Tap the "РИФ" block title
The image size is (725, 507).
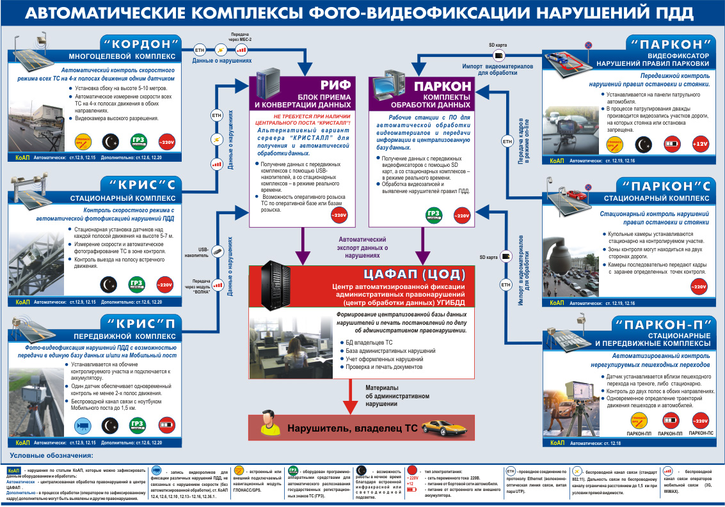click(x=333, y=86)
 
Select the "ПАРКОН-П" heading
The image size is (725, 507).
click(x=669, y=323)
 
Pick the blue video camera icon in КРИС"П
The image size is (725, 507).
click(x=81, y=424)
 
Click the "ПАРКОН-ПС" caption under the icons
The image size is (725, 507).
click(x=700, y=433)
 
